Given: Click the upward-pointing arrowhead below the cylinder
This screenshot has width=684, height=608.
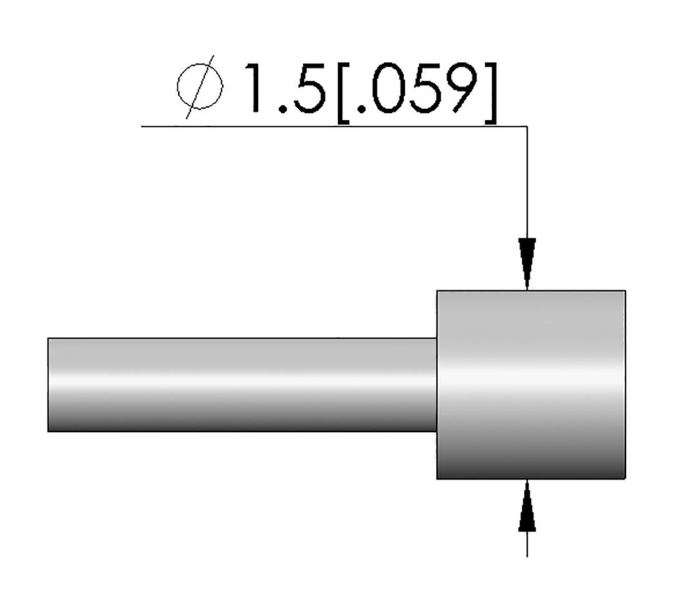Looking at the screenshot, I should pos(527,507).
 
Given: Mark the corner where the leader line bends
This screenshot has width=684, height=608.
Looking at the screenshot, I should pos(527,126).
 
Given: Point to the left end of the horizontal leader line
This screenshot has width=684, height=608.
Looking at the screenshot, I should pos(143,126).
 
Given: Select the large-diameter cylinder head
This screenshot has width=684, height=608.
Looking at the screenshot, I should pos(531,385).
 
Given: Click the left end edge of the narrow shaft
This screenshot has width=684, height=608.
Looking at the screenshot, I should pos(49,385).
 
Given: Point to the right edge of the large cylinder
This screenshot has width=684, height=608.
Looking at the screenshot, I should pos(625,385).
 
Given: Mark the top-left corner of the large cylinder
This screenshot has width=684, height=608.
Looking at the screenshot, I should pos(437,291).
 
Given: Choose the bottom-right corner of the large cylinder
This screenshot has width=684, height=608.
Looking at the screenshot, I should pos(625,479).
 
